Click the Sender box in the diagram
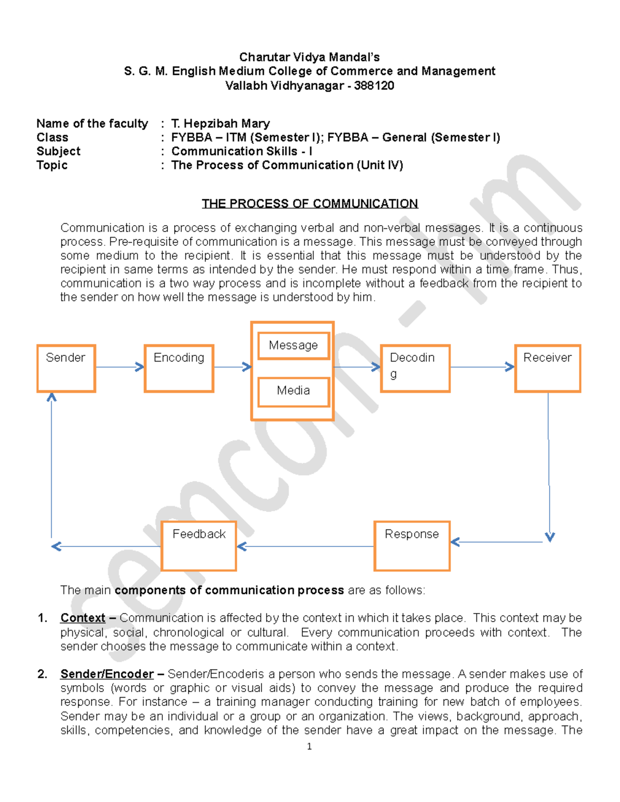point(66,368)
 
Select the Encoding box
point(179,368)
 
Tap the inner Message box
point(293,345)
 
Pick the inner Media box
point(293,391)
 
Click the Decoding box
point(415,368)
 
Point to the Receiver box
point(548,368)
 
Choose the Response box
point(412,545)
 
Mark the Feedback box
point(199,545)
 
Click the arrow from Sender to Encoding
point(119,367)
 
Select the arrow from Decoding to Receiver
point(482,367)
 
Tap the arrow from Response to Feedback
point(305,546)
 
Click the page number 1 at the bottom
point(309,746)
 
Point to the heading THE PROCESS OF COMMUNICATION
point(309,203)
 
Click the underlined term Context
point(83,618)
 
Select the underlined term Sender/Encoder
point(107,674)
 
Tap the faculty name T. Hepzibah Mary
point(221,123)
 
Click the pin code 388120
point(374,86)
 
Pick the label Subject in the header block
point(58,151)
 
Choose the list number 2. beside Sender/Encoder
point(42,674)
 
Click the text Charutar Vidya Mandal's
point(309,57)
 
